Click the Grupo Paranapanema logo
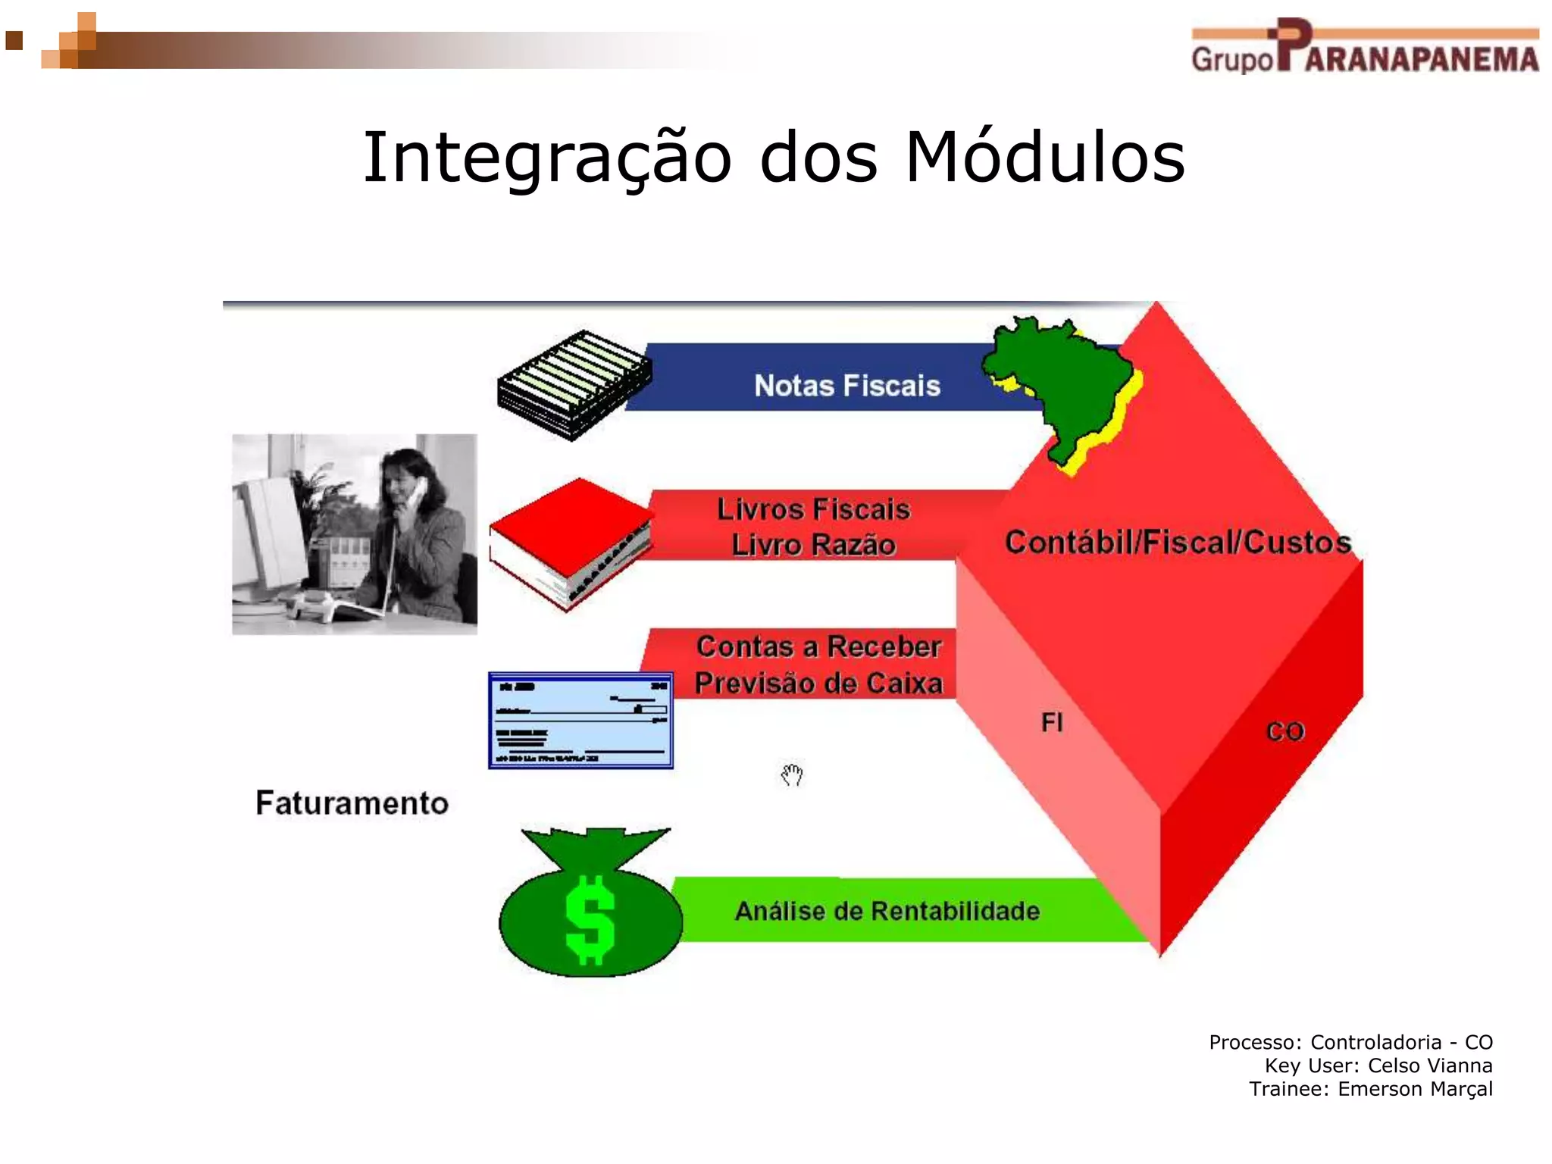(x=1364, y=47)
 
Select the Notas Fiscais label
(x=846, y=386)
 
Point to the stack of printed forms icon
(x=574, y=385)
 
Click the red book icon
(x=570, y=542)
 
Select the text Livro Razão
(x=813, y=545)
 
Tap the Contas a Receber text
(x=818, y=646)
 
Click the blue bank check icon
(x=580, y=720)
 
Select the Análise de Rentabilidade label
(x=887, y=911)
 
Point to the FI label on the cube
(x=1052, y=722)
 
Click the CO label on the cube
(x=1285, y=731)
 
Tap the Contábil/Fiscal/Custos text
(x=1178, y=543)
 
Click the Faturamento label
(x=352, y=803)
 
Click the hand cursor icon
(x=791, y=775)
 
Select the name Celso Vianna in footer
(x=1429, y=1065)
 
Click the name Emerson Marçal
(x=1414, y=1089)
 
